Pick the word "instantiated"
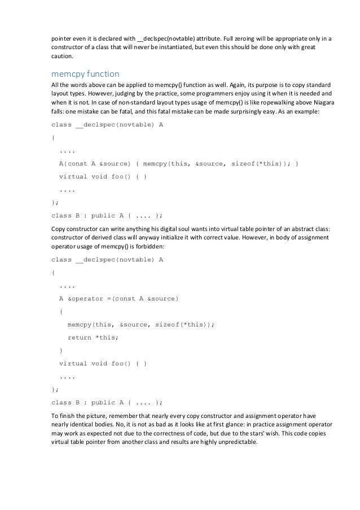pyautogui.click(x=191, y=48)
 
